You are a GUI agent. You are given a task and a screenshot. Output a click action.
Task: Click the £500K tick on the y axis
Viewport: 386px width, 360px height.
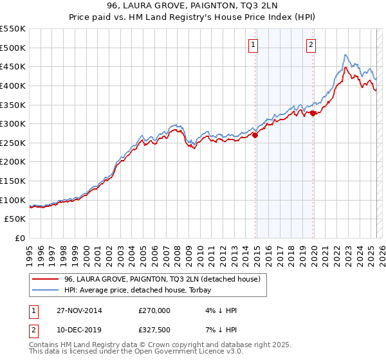pyautogui.click(x=13, y=48)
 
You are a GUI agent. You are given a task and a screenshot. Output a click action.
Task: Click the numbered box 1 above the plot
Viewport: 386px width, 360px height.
pyautogui.click(x=253, y=45)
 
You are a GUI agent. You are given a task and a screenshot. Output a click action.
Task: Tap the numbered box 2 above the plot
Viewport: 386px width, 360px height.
pyautogui.click(x=311, y=45)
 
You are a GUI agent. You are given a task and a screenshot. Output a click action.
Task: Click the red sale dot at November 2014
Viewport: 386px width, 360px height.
pyautogui.click(x=255, y=135)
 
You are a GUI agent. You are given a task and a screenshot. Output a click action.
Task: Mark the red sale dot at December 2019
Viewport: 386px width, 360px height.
pyautogui.click(x=313, y=113)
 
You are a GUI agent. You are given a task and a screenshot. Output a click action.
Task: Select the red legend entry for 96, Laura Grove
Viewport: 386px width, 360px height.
pyautogui.click(x=161, y=279)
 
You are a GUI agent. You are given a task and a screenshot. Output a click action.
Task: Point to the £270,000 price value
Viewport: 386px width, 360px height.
pyautogui.click(x=154, y=310)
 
